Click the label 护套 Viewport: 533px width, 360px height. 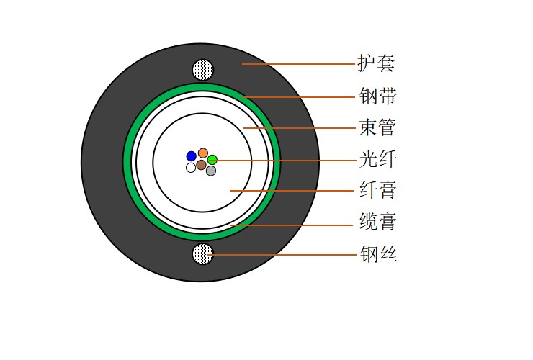pyautogui.click(x=376, y=63)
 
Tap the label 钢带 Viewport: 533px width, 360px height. pyautogui.click(x=377, y=96)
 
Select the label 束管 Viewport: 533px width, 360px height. pyautogui.click(x=377, y=127)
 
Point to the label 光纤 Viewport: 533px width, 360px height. pyautogui.click(x=378, y=158)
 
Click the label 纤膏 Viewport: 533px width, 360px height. pyautogui.click(x=378, y=189)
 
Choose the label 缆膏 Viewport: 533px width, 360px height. pyautogui.click(x=378, y=221)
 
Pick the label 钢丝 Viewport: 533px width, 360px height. pyautogui.click(x=378, y=253)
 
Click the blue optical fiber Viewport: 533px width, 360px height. pyautogui.click(x=192, y=156)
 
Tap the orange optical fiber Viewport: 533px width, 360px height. pyautogui.click(x=203, y=153)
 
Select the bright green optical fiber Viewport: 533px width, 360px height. pyautogui.click(x=212, y=160)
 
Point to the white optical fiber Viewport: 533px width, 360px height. pyautogui.click(x=191, y=168)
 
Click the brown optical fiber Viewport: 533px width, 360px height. pyautogui.click(x=201, y=165)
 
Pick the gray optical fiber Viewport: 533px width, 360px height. pyautogui.click(x=211, y=171)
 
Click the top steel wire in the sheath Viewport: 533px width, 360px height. pyautogui.click(x=203, y=70)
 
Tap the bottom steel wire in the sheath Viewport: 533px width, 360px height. pyautogui.click(x=203, y=254)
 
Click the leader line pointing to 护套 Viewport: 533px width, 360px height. pyautogui.click(x=298, y=64)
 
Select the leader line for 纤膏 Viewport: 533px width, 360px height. pyautogui.click(x=292, y=191)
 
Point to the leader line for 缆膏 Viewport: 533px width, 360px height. pyautogui.click(x=291, y=225)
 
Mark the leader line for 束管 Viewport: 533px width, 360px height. pyautogui.click(x=300, y=128)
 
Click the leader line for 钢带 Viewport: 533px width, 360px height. pyautogui.click(x=298, y=97)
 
